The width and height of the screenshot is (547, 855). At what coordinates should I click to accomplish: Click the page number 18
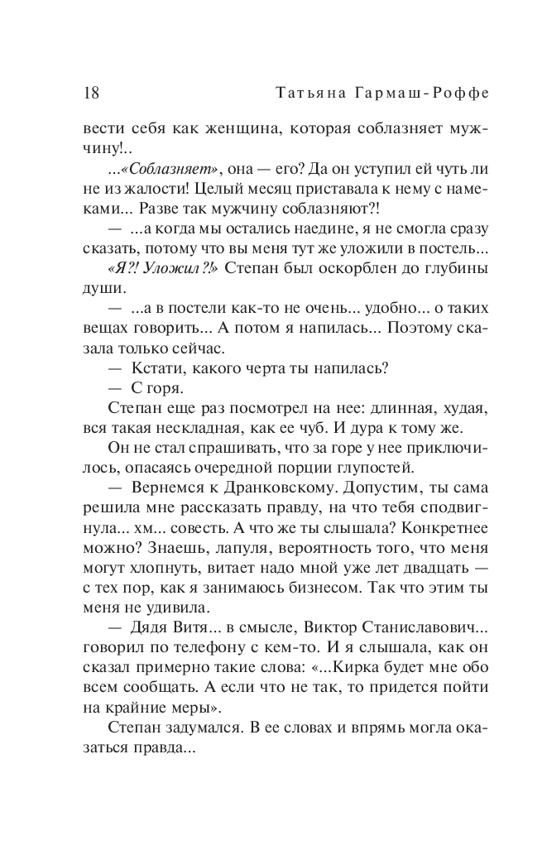pos(91,93)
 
